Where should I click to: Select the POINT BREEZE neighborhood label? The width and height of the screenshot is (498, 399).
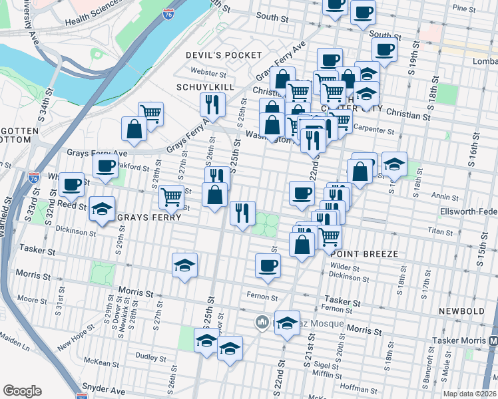364,254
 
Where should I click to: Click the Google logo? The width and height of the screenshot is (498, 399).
23,390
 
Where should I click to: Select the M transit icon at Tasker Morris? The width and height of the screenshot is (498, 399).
493,340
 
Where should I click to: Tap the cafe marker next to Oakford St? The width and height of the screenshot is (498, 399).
105,167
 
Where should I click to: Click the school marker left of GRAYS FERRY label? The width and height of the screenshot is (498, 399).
102,209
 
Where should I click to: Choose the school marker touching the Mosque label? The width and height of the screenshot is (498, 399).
287,323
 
